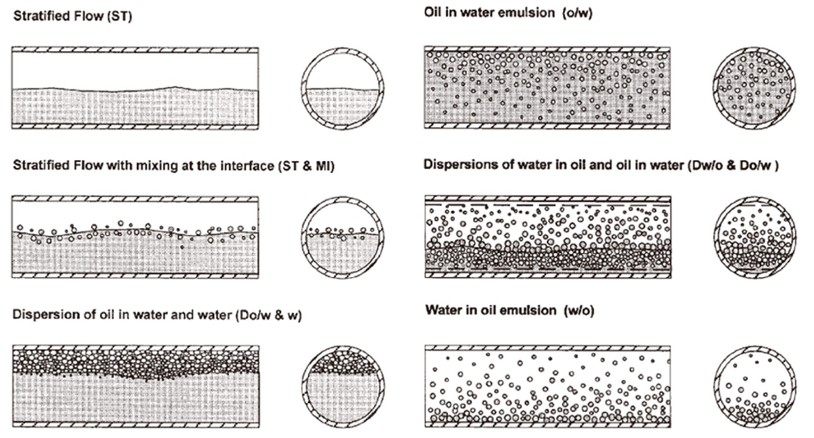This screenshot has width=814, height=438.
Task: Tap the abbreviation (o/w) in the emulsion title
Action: pyautogui.click(x=577, y=13)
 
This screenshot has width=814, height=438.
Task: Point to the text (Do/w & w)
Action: pyautogui.click(x=268, y=315)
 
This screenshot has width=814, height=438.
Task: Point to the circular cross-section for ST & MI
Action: pyautogui.click(x=343, y=238)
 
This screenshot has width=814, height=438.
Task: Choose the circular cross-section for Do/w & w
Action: pyautogui.click(x=343, y=386)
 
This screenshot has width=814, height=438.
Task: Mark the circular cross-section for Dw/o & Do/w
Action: pyautogui.click(x=755, y=238)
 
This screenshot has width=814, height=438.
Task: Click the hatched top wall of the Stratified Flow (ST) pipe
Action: pyautogui.click(x=135, y=50)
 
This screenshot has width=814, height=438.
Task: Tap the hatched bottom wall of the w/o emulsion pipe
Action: pyautogui.click(x=548, y=424)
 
